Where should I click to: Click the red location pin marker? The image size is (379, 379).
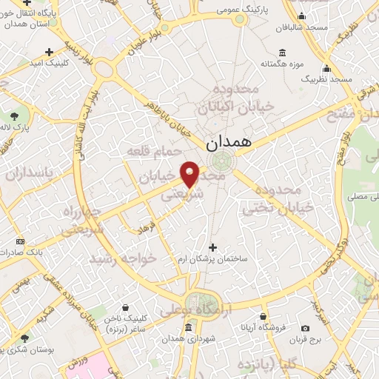(190, 175)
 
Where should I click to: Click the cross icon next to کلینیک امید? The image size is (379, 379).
(49, 52)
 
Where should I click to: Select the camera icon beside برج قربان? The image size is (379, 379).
(304, 328)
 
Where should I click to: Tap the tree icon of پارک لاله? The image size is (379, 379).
(15, 116)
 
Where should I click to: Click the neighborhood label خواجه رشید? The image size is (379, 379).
(124, 260)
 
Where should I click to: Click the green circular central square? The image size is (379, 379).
(220, 160)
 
